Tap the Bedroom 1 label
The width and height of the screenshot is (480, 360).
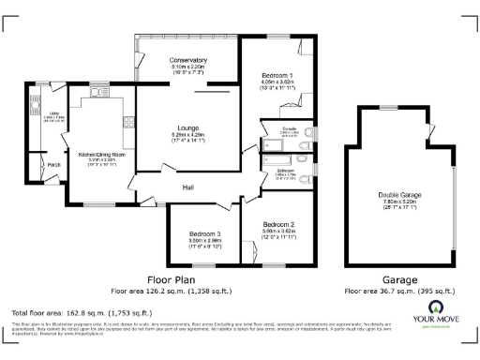click(278, 75)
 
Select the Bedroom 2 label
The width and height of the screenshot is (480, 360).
click(278, 225)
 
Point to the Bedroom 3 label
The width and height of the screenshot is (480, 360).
click(204, 233)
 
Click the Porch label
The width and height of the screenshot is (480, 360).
click(53, 165)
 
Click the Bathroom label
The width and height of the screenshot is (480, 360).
click(285, 170)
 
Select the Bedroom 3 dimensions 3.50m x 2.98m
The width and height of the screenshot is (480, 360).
click(204, 241)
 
